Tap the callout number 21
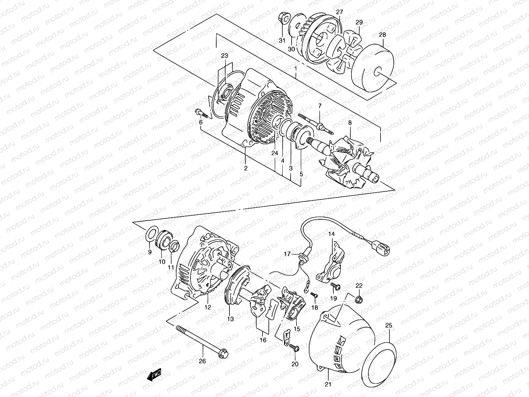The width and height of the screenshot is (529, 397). [328, 384]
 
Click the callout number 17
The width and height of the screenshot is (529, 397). [287, 254]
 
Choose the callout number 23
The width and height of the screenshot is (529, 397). [225, 56]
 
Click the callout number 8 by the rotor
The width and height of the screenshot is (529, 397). [350, 123]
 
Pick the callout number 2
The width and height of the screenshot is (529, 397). [246, 168]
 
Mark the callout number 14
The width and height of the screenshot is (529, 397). [332, 234]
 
